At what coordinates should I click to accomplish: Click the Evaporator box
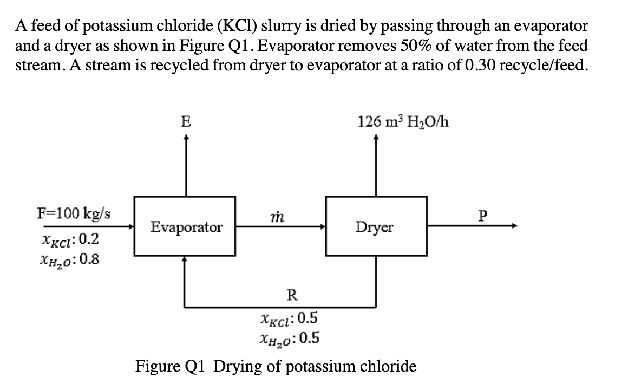(186, 226)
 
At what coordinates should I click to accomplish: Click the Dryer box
(375, 226)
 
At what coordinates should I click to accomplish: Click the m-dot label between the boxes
(280, 215)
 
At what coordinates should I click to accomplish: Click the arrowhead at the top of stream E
(186, 138)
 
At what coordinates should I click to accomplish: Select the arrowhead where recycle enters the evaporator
(186, 259)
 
